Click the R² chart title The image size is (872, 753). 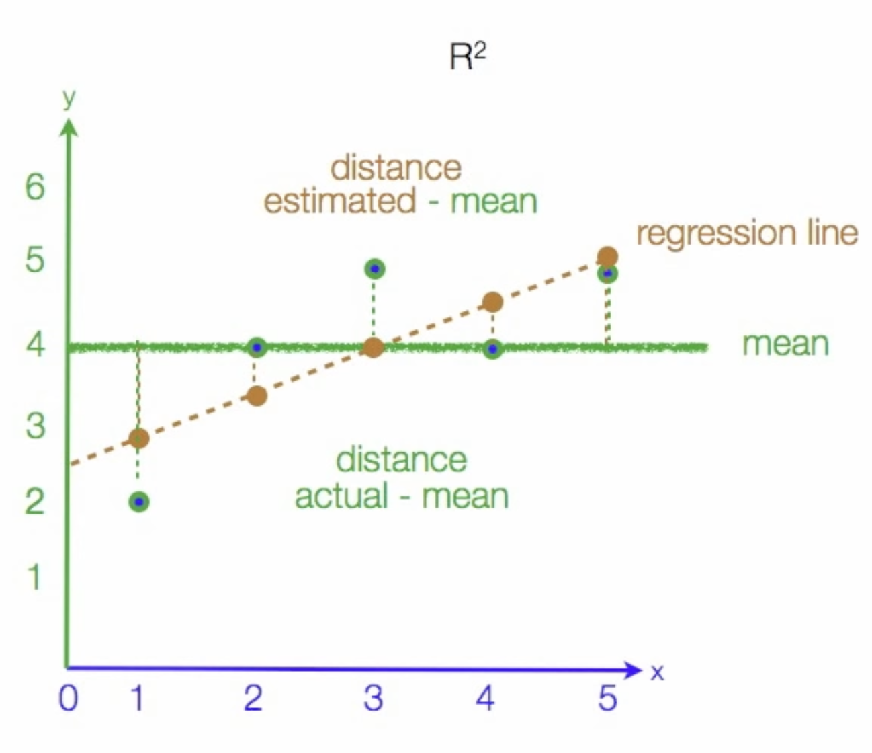point(468,57)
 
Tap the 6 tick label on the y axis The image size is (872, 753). point(35,187)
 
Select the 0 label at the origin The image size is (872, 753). point(69,698)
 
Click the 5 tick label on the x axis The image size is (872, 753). point(607,698)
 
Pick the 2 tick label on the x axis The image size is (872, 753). point(253,698)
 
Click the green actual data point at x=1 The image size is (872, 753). point(139,502)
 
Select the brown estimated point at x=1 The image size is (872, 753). point(139,438)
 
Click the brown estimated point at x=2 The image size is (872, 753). point(257,396)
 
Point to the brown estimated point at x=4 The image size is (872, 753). point(492,302)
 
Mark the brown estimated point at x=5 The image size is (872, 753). point(607,256)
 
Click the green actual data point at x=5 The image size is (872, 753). point(607,273)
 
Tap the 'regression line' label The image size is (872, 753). point(746,233)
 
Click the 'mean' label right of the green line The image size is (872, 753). point(785,345)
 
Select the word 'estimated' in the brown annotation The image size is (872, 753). point(340,201)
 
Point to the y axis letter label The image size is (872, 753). point(69,99)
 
